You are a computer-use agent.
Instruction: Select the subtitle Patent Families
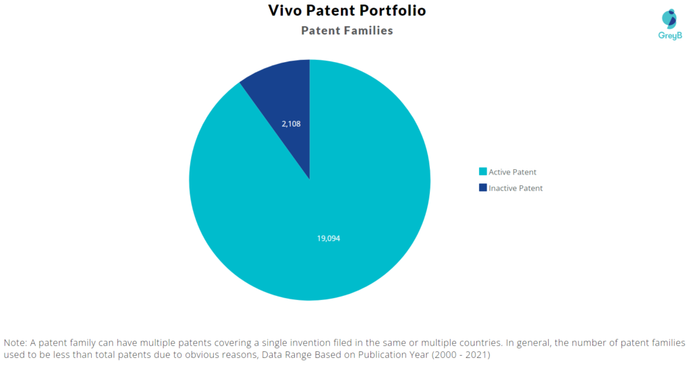347,30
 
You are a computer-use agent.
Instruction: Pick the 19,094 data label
329,239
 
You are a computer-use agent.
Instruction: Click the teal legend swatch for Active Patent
482,172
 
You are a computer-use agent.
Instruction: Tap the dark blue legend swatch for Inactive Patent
482,188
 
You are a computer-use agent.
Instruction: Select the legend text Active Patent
512,173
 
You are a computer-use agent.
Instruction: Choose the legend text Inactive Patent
516,189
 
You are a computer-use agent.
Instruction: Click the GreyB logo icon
669,18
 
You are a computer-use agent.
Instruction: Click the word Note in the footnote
16,342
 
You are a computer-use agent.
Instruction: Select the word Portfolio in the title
392,11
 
